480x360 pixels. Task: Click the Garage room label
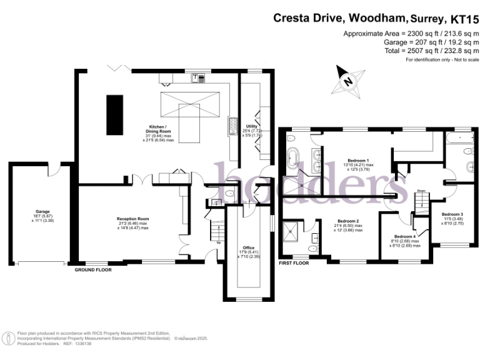[42, 212]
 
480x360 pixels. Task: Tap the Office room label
[249, 248]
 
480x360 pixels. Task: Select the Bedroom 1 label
[357, 161]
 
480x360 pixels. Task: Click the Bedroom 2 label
[348, 221]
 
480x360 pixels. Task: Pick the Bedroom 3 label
[452, 214]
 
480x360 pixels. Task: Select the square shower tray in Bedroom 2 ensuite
[291, 235]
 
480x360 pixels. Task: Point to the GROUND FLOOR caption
[94, 270]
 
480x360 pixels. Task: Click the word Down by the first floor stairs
[421, 191]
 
